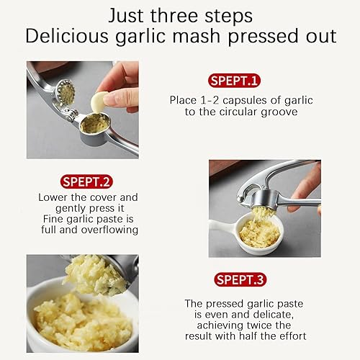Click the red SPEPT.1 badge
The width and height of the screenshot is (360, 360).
(234, 81)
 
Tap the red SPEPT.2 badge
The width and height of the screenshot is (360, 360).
(86, 181)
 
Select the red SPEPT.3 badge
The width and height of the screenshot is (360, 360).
(240, 279)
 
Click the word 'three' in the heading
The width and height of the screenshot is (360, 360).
(174, 16)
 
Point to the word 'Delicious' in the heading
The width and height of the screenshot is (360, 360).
(67, 36)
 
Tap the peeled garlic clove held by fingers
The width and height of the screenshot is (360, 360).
(99, 102)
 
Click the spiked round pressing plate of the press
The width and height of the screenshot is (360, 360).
(65, 93)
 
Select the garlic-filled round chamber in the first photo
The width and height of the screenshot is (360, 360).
(95, 123)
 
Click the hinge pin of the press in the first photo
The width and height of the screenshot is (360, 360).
(72, 114)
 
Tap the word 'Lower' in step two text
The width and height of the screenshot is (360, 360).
(53, 197)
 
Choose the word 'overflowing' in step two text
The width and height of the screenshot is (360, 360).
(109, 230)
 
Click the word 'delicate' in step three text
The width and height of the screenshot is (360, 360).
(273, 315)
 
